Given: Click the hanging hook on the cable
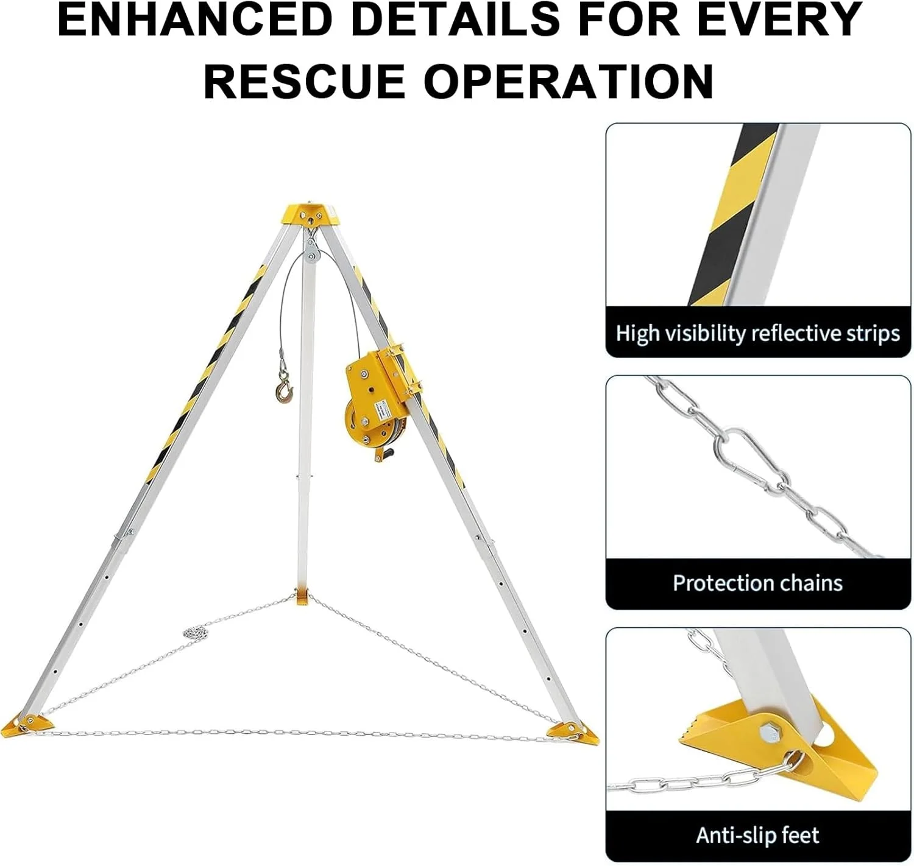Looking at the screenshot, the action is (x=284, y=386).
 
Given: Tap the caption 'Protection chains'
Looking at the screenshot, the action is (x=758, y=582).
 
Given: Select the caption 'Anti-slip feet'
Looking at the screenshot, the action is (x=758, y=835).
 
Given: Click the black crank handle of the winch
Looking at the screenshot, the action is (x=385, y=452).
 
